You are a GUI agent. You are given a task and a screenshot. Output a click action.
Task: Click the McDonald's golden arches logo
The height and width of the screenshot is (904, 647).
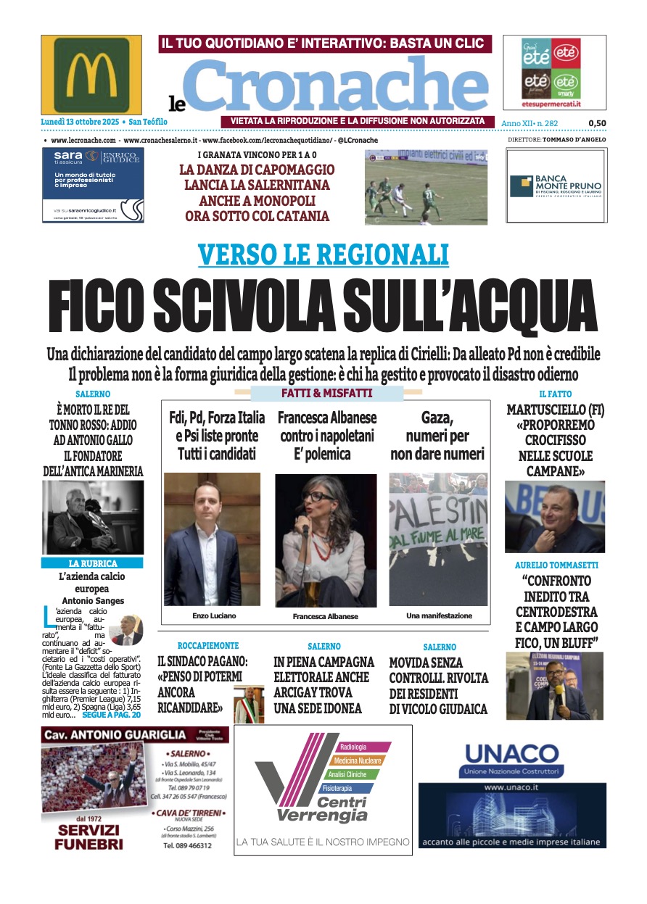91,75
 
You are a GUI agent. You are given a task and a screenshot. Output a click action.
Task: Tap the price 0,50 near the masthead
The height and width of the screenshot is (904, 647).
596,123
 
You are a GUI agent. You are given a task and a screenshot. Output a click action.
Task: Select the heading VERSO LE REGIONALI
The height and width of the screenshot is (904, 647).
323,254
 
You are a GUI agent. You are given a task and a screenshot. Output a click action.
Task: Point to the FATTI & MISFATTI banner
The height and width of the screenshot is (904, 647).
326,394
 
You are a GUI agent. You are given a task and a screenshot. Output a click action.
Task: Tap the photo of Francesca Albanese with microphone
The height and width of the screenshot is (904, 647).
326,540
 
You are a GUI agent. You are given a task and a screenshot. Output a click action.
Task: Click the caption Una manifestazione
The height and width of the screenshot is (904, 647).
439,615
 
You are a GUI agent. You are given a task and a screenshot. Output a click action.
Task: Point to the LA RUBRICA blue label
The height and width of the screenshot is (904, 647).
92,563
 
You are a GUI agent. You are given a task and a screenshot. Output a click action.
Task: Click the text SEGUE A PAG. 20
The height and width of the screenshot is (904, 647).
112,714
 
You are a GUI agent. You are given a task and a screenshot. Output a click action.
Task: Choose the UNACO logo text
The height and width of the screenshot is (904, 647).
511,755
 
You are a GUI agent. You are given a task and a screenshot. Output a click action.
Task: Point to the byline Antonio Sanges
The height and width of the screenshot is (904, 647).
92,600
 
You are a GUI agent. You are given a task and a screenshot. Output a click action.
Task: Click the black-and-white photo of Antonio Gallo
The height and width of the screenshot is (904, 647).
92,518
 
